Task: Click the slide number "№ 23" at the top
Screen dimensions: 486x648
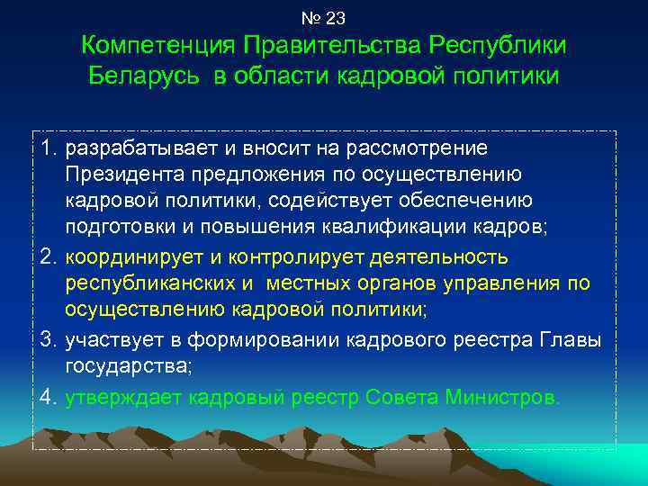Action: point(324,17)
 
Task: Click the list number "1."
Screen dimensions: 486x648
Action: point(49,148)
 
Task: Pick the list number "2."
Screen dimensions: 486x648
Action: point(49,258)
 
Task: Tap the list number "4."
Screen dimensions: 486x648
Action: point(49,396)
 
